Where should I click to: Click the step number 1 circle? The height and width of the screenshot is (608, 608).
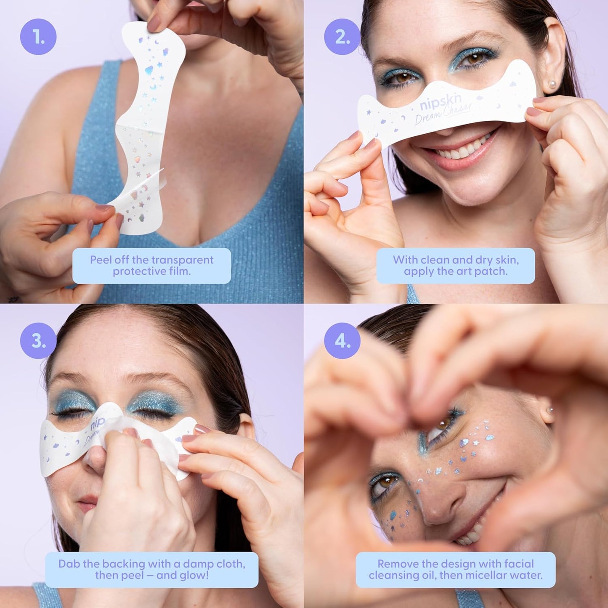coord(38,37)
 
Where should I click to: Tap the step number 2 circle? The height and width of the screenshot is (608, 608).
coord(342,37)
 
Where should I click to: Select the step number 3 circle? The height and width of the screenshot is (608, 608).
coord(38,341)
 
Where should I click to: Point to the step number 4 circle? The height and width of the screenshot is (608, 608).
coord(342,341)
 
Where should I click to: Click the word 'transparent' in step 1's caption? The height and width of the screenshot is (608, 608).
coord(182,260)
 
